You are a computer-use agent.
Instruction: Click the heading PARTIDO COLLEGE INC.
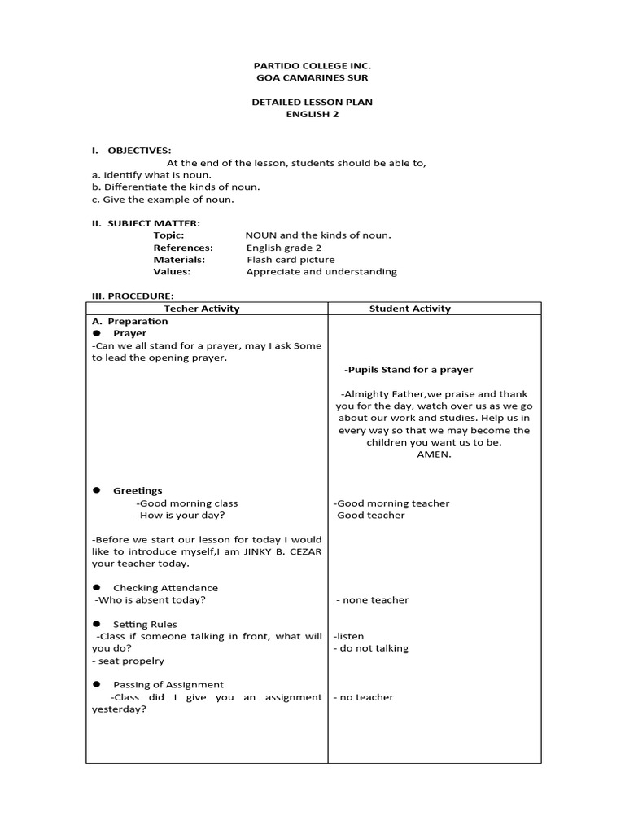pos(312,65)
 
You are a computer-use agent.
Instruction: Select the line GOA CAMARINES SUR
pos(312,77)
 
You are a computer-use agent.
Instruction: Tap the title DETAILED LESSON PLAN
pos(312,102)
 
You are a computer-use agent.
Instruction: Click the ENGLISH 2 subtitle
pos(312,114)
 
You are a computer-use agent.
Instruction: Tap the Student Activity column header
pos(409,309)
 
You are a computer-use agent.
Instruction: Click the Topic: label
pos(168,235)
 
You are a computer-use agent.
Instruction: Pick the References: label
pos(183,248)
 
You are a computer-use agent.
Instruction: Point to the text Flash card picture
pos(291,260)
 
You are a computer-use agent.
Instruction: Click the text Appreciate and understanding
pos(321,272)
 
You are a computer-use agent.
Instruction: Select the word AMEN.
pos(433,455)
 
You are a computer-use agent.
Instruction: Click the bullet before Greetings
pos(96,490)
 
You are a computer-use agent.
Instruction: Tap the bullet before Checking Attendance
pos(96,587)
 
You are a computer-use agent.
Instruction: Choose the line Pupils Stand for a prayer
pos(409,370)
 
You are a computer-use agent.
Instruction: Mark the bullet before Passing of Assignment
pos(96,684)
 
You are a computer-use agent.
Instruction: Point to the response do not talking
pos(371,648)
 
